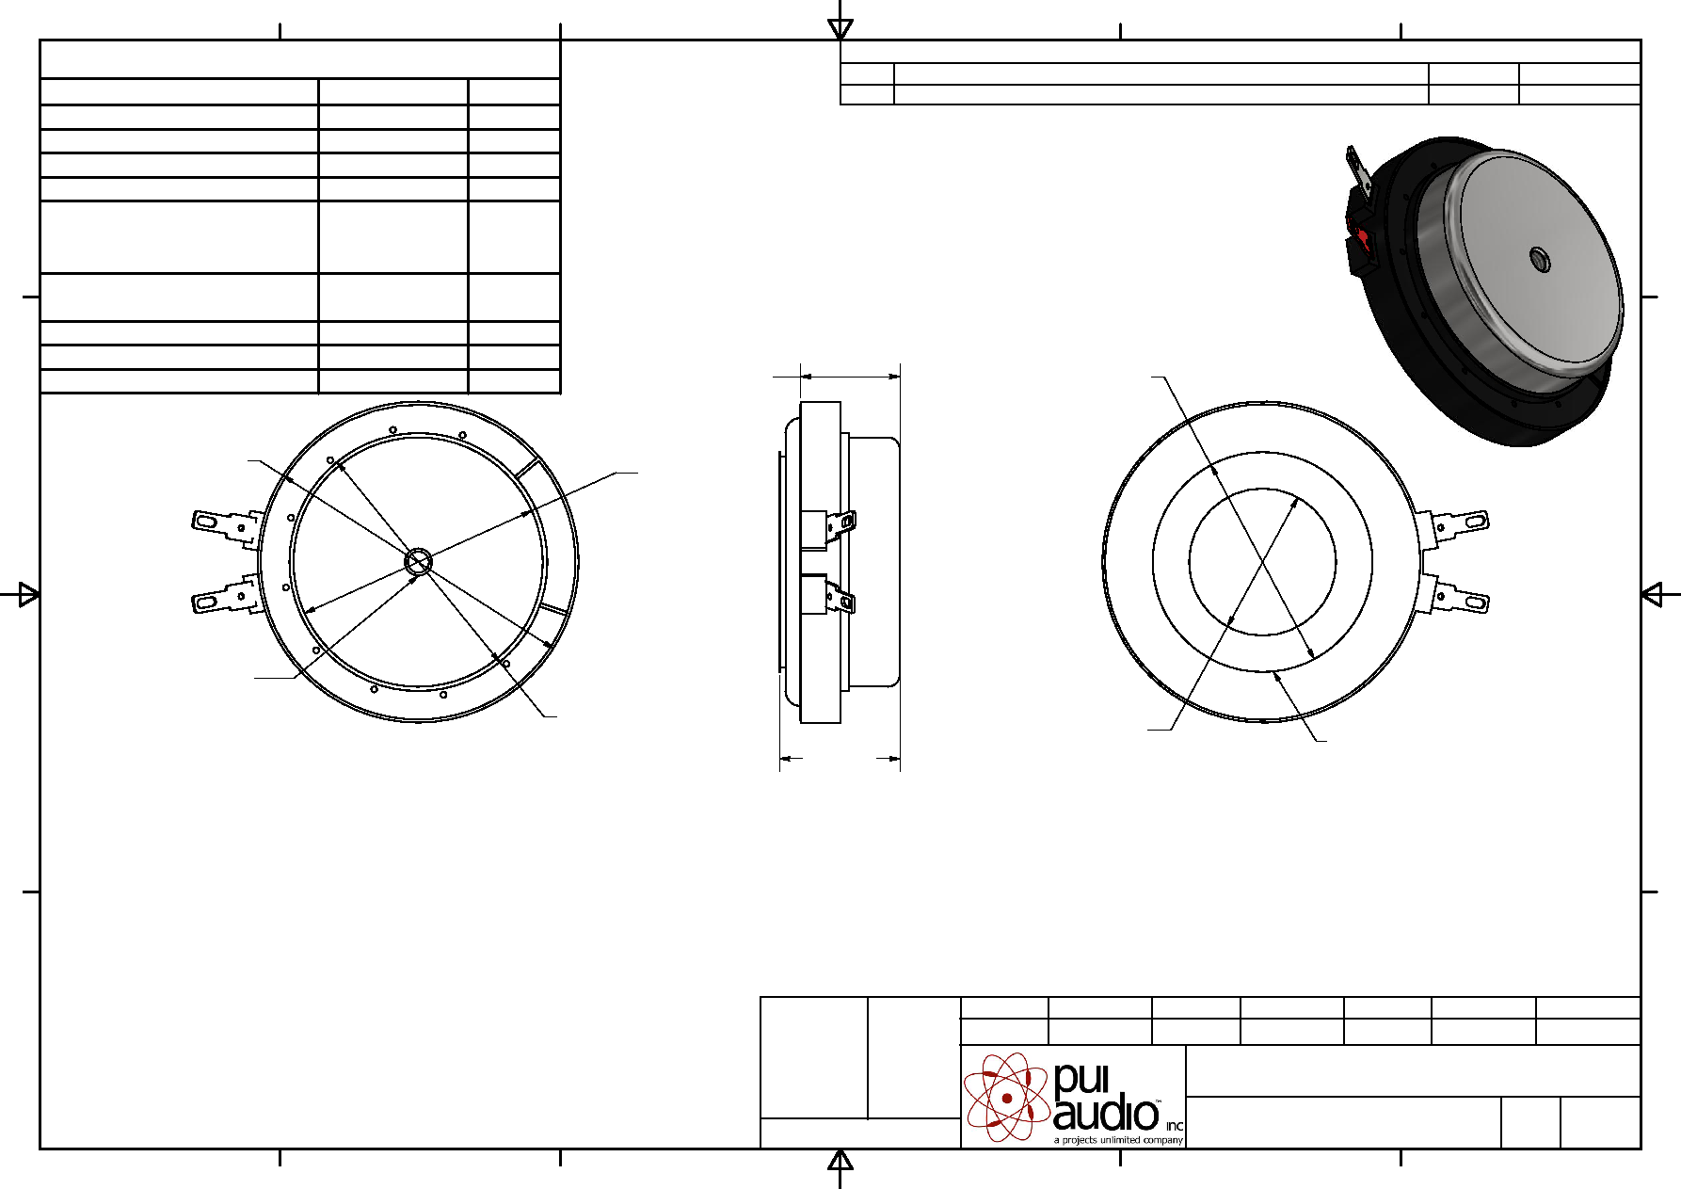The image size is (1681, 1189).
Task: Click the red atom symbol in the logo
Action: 1007,1097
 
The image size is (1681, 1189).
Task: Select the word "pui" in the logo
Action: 1081,1080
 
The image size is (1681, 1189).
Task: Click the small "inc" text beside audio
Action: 1175,1126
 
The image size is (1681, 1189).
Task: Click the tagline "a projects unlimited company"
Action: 1118,1140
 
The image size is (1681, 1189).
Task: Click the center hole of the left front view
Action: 418,562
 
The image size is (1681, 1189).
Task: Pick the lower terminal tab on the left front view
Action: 226,595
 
